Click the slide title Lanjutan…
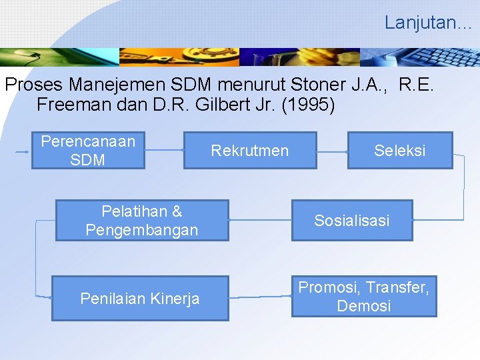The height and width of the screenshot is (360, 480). click(427, 23)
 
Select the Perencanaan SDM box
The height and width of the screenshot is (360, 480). click(88, 151)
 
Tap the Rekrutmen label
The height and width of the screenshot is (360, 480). click(249, 151)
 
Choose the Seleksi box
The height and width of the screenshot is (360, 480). click(399, 151)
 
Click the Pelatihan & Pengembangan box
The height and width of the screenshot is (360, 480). click(141, 221)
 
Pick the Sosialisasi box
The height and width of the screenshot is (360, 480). click(351, 221)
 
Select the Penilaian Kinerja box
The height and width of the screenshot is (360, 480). click(140, 299)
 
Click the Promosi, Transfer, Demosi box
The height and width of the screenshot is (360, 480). click(364, 297)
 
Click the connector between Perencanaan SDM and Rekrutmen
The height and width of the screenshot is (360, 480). click(164, 151)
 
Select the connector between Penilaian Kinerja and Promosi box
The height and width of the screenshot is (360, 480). click(260, 296)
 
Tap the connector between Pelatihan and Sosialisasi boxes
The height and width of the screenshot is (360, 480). click(260, 219)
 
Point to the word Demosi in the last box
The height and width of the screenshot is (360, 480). click(364, 306)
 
